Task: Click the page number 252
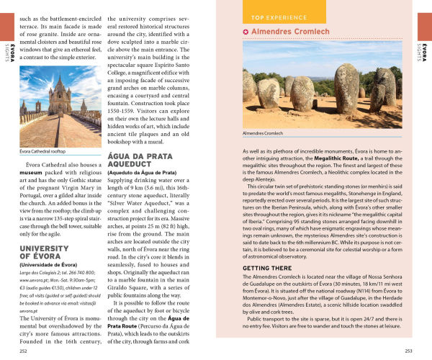coord(24,351)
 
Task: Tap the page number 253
coord(408,351)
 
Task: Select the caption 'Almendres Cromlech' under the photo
coord(263,134)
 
